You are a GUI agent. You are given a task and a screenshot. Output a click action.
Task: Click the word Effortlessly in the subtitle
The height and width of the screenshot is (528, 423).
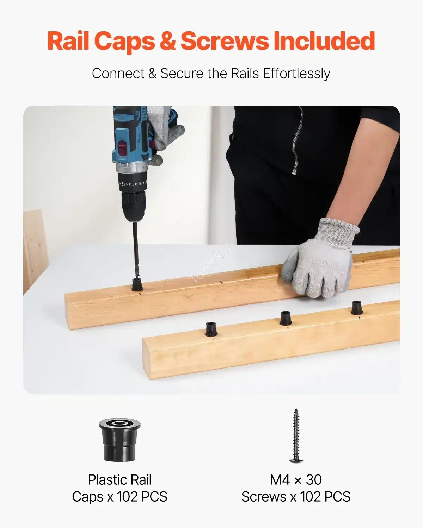click(296, 74)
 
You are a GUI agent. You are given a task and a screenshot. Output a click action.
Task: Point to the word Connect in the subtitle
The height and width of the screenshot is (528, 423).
click(118, 73)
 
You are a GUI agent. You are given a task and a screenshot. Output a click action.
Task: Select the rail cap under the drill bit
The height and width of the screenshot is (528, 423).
click(137, 284)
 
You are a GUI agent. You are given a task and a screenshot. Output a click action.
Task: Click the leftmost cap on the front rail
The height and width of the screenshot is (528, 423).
click(211, 329)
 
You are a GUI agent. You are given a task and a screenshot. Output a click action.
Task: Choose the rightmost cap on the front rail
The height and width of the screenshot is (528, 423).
click(356, 308)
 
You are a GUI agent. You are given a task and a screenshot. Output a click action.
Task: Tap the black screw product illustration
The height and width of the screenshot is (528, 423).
click(296, 436)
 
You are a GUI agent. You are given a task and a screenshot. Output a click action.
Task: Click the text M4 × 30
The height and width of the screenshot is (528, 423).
click(296, 480)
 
